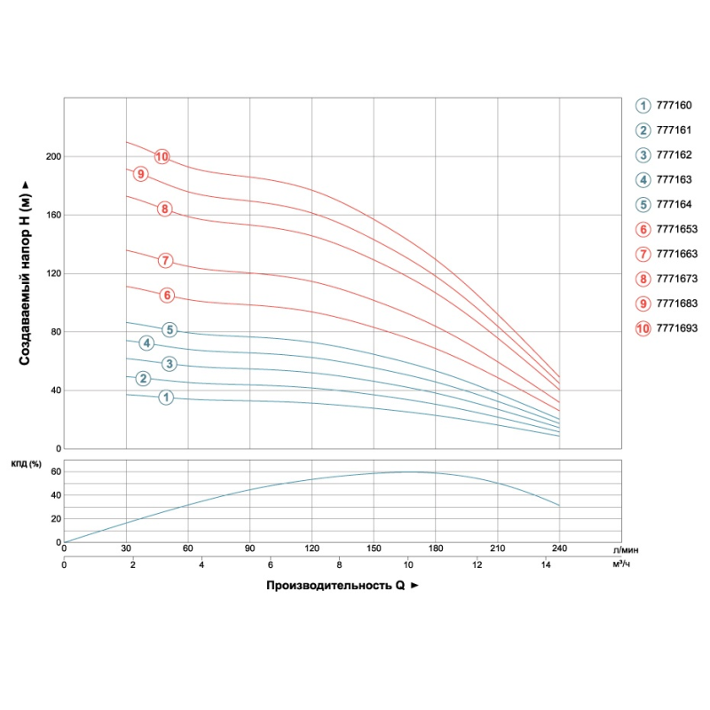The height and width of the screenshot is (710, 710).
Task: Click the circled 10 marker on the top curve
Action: [x=162, y=157]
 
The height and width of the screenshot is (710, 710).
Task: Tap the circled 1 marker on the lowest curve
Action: [x=166, y=398]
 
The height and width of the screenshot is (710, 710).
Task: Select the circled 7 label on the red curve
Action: [x=164, y=260]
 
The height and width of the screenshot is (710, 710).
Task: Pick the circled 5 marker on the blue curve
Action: [x=170, y=330]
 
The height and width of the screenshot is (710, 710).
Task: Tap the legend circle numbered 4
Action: [x=643, y=179]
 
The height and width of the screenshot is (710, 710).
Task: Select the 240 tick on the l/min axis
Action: [x=560, y=547]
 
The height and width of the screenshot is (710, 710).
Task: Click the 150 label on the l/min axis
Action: [x=374, y=547]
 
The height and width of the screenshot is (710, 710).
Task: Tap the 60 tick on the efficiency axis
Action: [x=54, y=471]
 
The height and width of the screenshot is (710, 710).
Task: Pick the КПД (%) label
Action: [x=27, y=463]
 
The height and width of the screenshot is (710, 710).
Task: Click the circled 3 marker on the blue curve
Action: [x=170, y=364]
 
